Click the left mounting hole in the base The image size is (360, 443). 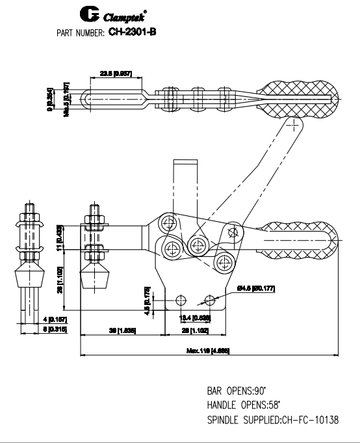pos(181,301)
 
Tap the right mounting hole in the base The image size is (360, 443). pos(209,301)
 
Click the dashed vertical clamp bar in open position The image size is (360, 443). pos(185,185)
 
